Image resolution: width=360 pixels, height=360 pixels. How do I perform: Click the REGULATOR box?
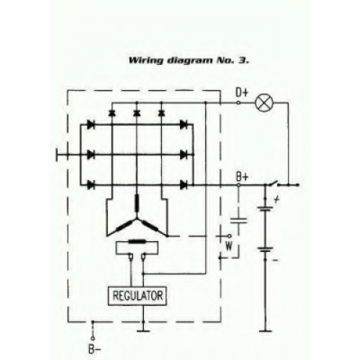[x=137, y=296]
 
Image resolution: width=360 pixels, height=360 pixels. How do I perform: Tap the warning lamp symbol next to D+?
[x=264, y=103]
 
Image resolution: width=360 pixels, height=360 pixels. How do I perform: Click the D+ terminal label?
[x=242, y=93]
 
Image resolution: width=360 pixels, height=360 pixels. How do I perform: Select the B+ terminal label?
[x=242, y=177]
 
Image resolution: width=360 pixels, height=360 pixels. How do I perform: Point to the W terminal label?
[x=229, y=246]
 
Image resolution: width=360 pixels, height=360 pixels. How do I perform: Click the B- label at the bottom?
[x=94, y=349]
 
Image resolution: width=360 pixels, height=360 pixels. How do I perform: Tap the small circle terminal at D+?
[x=238, y=103]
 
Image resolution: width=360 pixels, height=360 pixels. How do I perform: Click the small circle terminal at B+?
[x=238, y=185]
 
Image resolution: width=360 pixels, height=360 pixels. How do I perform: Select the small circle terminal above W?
[x=229, y=236]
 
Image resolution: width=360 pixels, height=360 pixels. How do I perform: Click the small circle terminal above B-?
[x=93, y=338]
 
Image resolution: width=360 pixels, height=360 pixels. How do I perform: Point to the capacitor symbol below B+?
[x=238, y=220]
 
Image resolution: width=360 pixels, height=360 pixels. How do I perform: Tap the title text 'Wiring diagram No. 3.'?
[x=189, y=60]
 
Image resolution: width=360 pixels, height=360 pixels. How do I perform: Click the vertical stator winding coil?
[x=137, y=204]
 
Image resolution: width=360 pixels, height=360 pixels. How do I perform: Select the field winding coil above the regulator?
[x=137, y=241]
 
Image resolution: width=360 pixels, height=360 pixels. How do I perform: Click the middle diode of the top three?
[x=137, y=113]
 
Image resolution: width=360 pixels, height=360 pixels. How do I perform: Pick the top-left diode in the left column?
[x=91, y=125]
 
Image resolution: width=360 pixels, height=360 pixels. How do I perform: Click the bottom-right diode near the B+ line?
[x=184, y=185]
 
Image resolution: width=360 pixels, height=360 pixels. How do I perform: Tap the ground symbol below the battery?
[x=266, y=331]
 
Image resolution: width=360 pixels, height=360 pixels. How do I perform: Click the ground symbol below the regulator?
[x=143, y=331]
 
